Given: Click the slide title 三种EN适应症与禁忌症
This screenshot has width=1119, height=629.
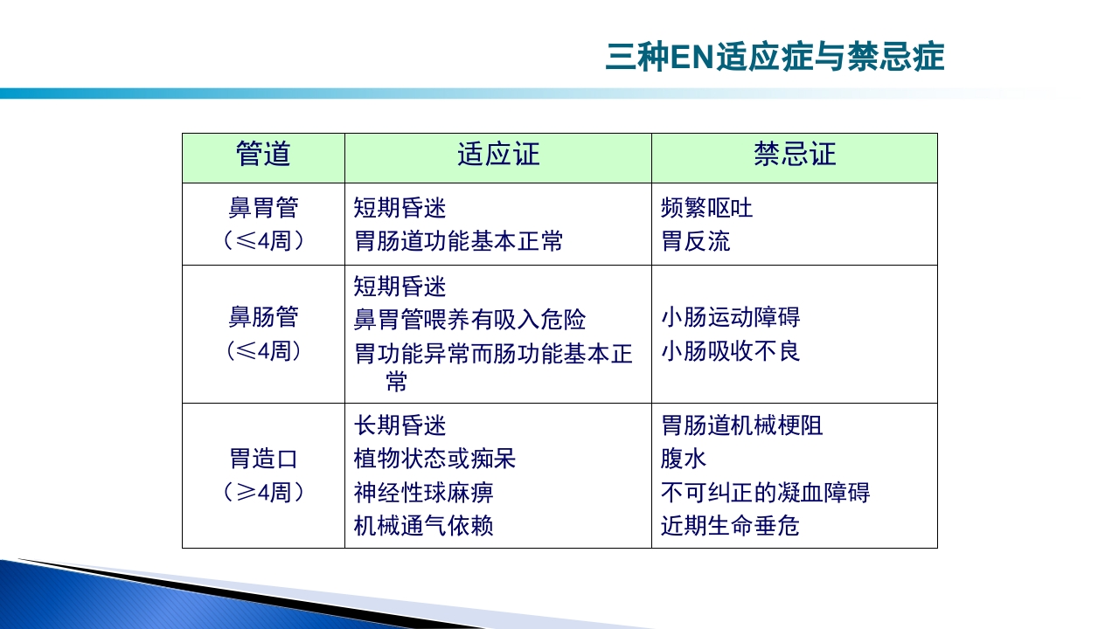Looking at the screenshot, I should point(775,58).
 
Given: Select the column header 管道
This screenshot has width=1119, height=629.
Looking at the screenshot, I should point(263,155).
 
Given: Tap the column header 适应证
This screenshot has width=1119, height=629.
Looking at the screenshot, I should point(498,155).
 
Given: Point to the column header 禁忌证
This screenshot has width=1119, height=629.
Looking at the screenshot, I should point(795,155).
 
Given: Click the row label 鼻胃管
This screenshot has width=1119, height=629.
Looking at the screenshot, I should point(263,208).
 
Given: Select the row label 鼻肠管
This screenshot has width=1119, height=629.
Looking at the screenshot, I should point(263,316).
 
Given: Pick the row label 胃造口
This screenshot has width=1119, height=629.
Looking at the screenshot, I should point(263,459).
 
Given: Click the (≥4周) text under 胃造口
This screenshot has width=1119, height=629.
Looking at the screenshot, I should point(263,493).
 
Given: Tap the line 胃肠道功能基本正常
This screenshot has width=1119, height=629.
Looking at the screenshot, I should point(458,241).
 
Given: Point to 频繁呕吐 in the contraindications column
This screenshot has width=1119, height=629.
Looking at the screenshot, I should point(706,208).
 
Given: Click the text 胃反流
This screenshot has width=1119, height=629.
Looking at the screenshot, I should point(695,241).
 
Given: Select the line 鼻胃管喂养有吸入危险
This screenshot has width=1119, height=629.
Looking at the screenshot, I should point(469,320).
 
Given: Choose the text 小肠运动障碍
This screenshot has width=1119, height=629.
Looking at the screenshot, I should point(730,317).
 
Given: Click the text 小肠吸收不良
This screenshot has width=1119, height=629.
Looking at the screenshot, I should point(730,351).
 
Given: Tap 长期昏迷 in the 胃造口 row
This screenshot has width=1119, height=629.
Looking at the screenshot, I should point(400,425).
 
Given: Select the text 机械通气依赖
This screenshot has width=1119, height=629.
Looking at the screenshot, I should point(423,526).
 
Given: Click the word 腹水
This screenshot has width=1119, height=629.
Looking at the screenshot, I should point(683,459).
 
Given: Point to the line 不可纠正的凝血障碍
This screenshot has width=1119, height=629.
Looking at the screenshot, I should point(765,493).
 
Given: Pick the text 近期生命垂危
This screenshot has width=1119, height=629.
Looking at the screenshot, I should point(730,526).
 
